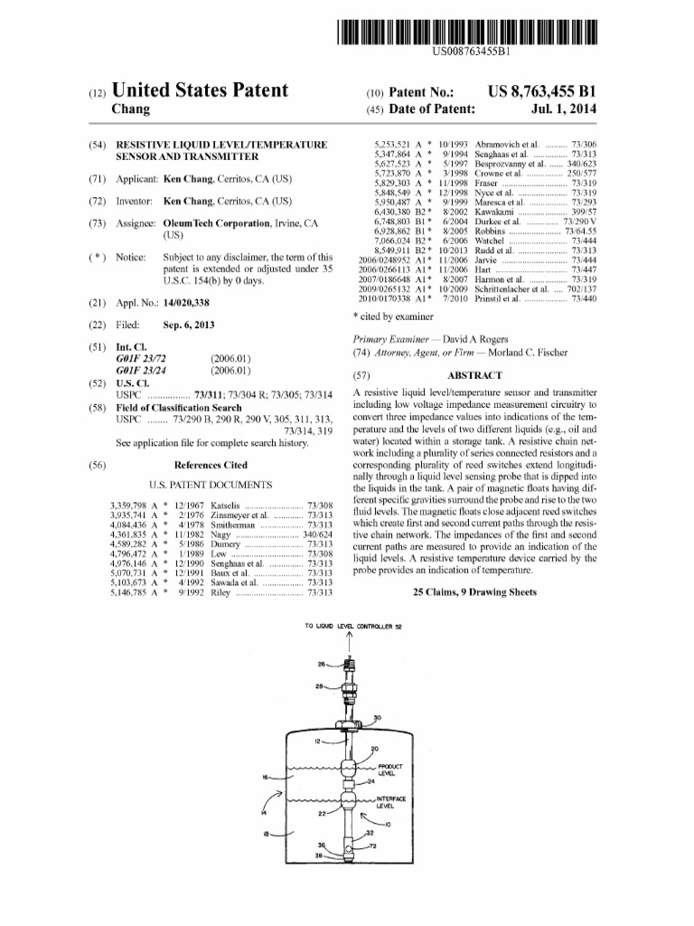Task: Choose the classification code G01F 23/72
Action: tap(138, 359)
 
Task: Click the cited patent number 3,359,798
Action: tap(128, 504)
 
